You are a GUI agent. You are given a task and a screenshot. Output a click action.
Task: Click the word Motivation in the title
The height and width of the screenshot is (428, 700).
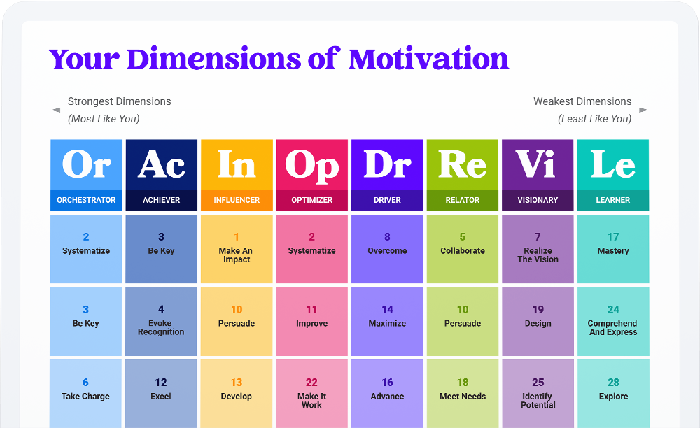click(428, 59)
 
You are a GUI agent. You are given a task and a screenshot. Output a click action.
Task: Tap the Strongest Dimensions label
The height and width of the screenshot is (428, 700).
click(119, 101)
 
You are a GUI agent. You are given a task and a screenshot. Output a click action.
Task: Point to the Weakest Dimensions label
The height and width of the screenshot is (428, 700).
click(582, 101)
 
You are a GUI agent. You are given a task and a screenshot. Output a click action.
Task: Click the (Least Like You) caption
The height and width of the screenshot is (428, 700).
click(594, 119)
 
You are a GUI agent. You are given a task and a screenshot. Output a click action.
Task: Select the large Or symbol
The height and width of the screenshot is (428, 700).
click(86, 165)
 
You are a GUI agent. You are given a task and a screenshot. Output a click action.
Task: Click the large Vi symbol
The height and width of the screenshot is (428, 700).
click(538, 165)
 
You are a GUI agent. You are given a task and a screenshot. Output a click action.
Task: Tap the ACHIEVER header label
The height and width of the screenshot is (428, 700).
click(161, 200)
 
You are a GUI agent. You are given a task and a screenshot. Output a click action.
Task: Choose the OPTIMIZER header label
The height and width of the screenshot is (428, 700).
click(312, 200)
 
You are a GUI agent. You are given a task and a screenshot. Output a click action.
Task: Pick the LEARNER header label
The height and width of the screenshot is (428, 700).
click(613, 200)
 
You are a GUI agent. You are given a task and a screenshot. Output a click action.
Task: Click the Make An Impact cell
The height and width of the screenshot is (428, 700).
click(237, 248)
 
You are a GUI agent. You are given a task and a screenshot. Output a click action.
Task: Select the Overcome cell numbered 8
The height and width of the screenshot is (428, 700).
click(387, 248)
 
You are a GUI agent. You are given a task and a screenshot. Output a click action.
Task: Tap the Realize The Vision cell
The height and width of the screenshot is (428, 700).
click(538, 248)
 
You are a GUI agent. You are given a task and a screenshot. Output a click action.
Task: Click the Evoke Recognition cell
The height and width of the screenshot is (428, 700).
click(161, 321)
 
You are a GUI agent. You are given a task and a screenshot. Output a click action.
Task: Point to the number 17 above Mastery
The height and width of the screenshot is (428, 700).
click(613, 237)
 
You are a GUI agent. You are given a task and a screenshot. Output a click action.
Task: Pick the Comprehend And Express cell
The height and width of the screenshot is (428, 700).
click(613, 321)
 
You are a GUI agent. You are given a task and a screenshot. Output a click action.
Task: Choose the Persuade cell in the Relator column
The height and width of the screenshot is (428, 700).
click(463, 321)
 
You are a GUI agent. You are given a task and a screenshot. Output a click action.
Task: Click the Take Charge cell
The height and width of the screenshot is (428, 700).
click(86, 393)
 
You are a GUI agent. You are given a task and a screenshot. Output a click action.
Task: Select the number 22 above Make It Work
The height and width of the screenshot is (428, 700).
click(311, 383)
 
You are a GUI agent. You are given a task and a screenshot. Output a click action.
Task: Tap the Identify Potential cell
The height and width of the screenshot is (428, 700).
click(538, 393)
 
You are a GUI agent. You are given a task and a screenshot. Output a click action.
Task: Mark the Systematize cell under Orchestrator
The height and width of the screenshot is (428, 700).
click(86, 248)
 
